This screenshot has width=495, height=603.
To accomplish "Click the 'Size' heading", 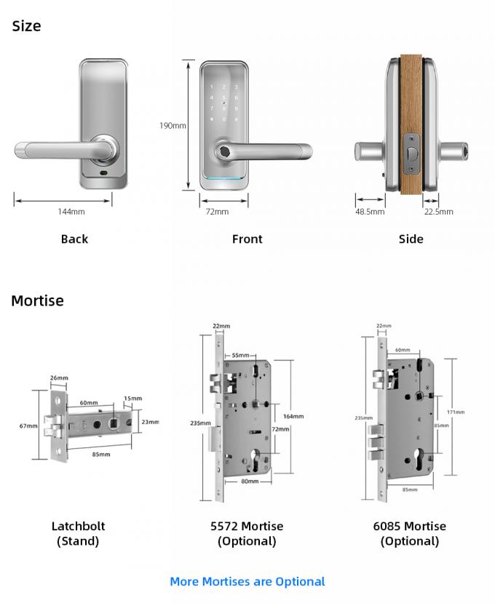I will [x=27, y=26].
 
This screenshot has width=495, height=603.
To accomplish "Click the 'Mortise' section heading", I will [x=37, y=300].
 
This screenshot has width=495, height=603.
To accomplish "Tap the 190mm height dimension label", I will [x=173, y=126].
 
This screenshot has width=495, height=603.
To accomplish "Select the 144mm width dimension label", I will [x=71, y=212].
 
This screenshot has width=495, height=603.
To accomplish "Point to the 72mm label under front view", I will [x=217, y=212].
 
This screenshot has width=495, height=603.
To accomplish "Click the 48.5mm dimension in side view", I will [x=370, y=212].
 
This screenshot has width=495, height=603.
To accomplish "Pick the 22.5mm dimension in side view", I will [x=438, y=212].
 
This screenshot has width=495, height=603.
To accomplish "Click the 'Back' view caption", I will [x=74, y=239].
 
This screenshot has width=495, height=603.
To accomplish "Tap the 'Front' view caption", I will [x=247, y=239].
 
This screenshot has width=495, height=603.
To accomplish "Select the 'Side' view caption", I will [x=411, y=239].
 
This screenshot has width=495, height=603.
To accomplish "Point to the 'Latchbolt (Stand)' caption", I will [x=78, y=533].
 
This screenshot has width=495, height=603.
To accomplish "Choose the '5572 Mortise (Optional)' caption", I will [x=247, y=533].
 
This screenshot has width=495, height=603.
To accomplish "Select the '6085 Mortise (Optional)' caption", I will [x=410, y=533].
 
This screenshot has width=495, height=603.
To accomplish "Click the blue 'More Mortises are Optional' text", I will [x=247, y=581].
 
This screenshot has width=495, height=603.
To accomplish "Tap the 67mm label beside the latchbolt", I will [x=28, y=426].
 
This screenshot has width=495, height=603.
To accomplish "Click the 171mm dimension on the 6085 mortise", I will [x=456, y=412].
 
